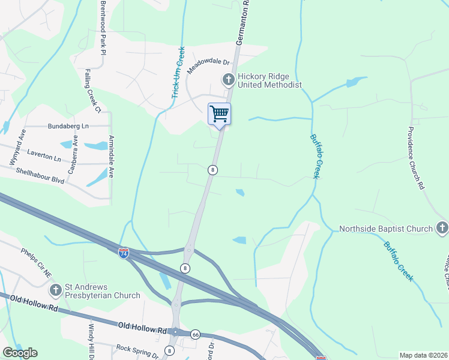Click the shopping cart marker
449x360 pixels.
pos(219,113)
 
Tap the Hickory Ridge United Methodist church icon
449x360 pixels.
pos(228,79)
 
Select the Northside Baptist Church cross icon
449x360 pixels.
pos(442,228)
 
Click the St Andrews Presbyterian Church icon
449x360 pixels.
pos(55,290)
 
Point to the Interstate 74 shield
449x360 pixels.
pos(123,254)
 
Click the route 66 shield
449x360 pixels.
pos(195,334)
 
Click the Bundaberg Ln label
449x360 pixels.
pos(68,127)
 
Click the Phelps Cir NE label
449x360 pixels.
pos(37,263)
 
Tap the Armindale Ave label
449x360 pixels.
pos(112,158)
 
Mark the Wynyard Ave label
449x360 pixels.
pos(15,147)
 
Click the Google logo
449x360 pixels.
pos(20,353)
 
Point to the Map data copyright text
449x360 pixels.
pos(423,355)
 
